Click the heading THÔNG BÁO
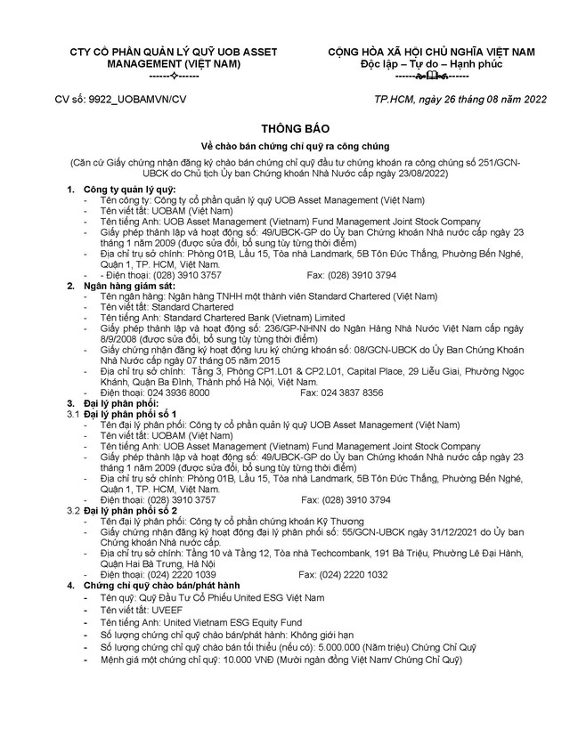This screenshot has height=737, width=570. [284, 126]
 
